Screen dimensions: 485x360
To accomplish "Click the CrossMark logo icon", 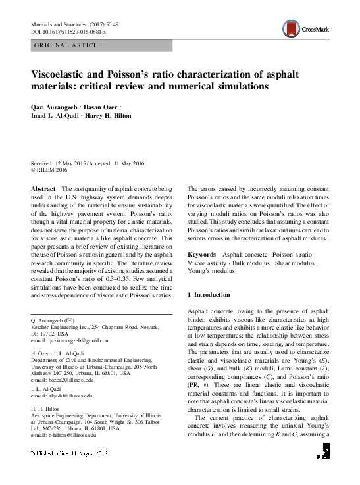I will [290, 28].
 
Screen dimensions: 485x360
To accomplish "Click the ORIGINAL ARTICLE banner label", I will [67, 45].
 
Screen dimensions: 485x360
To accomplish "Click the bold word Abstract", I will [43, 188].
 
